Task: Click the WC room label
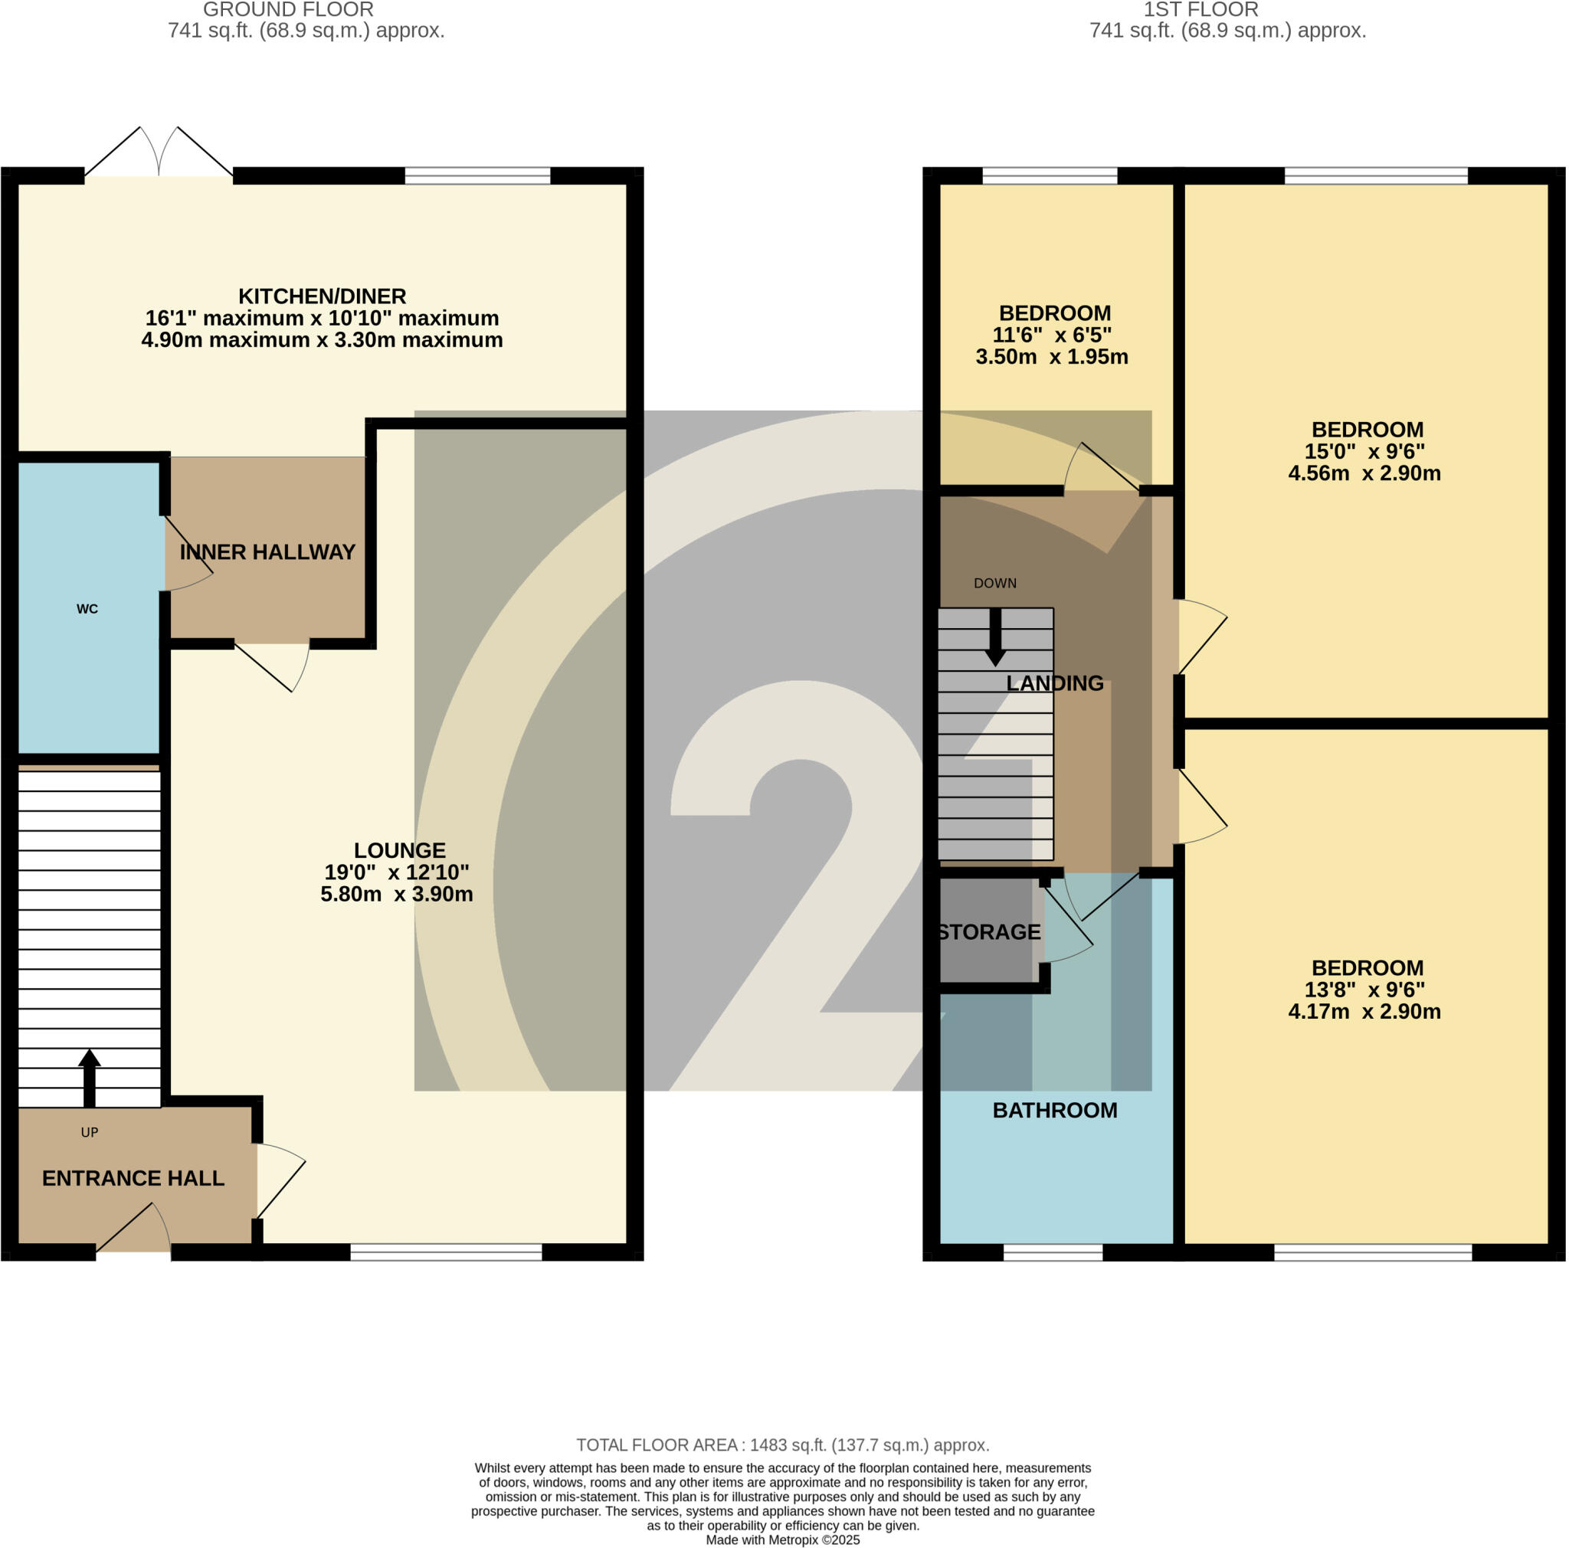pos(87,609)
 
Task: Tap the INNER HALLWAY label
pos(267,552)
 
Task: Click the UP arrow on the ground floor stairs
pos(90,1078)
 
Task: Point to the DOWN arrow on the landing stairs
pos(995,638)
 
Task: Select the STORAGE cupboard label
pos(988,932)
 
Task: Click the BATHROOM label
pos(1054,1111)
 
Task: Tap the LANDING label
pos(1054,683)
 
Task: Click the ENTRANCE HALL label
pos(133,1179)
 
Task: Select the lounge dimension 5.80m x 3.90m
pos(396,895)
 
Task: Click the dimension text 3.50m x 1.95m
pos(1051,357)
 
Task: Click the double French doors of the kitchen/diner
pos(159,154)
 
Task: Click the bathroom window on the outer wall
pos(1053,1252)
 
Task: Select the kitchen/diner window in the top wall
pos(477,175)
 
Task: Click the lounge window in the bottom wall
pos(446,1252)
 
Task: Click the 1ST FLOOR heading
pos(1200,10)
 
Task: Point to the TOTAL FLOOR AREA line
pos(783,1445)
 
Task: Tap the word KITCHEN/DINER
pos(322,296)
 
